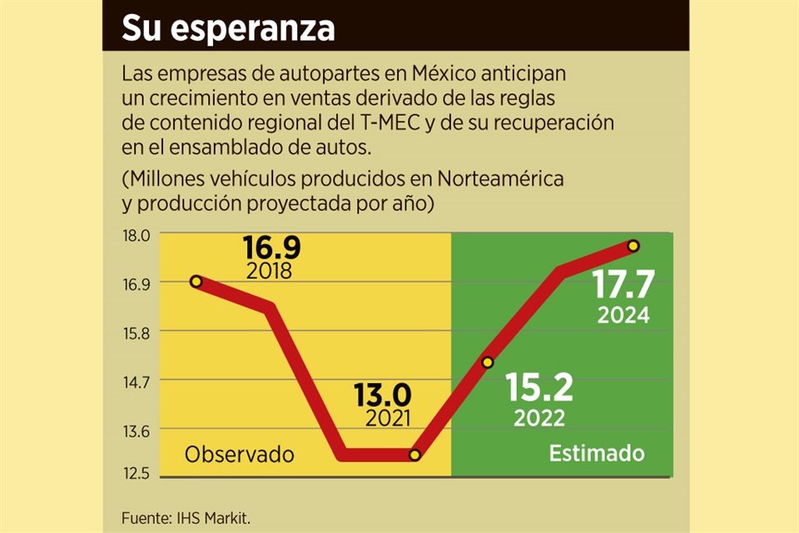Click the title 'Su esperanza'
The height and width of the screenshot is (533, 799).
tap(228, 27)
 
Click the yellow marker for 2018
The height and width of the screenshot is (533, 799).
tap(196, 281)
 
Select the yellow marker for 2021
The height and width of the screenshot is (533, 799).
tap(415, 455)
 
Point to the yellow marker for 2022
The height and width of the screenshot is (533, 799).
tap(488, 362)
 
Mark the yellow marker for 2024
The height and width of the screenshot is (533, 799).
tap(633, 246)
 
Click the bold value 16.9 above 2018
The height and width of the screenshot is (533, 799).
tap(271, 248)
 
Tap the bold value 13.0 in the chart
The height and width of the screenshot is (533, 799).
tap(382, 394)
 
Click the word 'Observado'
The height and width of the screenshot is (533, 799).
tap(240, 455)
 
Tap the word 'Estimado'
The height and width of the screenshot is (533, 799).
tap(597, 454)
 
